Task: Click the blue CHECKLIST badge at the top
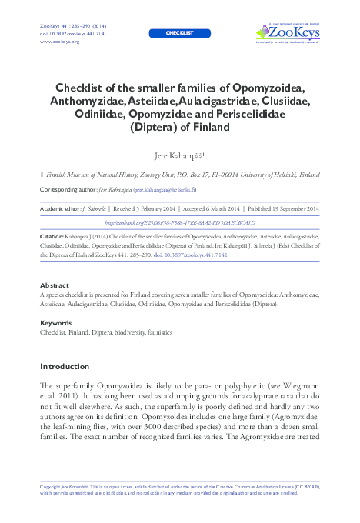point(180,33)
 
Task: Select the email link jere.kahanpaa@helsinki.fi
point(165,188)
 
